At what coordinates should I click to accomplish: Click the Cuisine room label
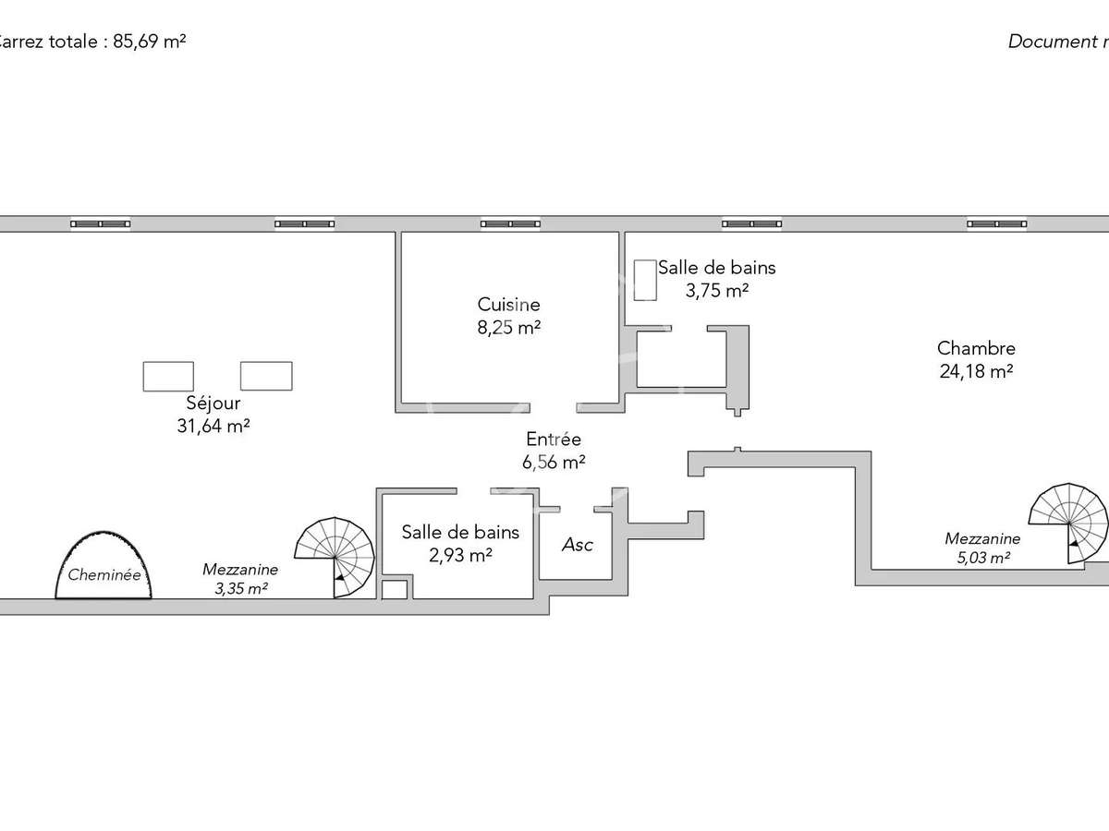point(508,304)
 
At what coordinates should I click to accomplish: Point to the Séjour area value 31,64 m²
point(213,426)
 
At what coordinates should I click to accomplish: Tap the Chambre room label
point(976,348)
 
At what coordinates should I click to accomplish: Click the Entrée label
point(554,440)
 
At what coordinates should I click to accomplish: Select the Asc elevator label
point(577,545)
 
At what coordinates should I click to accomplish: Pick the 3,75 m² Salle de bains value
point(716,290)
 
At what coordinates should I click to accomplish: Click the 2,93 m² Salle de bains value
point(459,555)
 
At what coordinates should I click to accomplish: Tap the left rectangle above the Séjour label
point(168,376)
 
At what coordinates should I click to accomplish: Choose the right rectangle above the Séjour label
point(266,376)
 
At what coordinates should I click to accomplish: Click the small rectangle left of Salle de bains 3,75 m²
point(645,279)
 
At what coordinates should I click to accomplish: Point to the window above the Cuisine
point(509,223)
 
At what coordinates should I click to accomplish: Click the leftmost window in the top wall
point(101,223)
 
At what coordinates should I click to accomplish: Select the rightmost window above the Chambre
point(996,223)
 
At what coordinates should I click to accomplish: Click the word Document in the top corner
point(1049,42)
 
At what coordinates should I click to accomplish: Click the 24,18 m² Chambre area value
point(976,371)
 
